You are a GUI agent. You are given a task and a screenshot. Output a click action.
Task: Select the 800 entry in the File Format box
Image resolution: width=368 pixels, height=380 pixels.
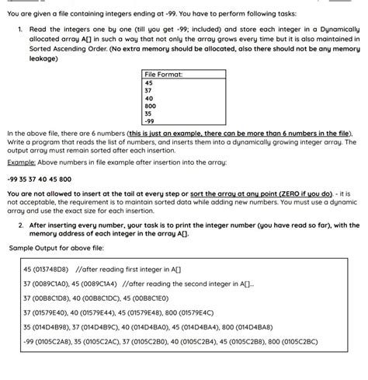pyautogui.click(x=151, y=106)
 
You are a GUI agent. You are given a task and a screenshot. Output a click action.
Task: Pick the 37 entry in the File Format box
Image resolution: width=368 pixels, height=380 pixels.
pyautogui.click(x=149, y=89)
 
